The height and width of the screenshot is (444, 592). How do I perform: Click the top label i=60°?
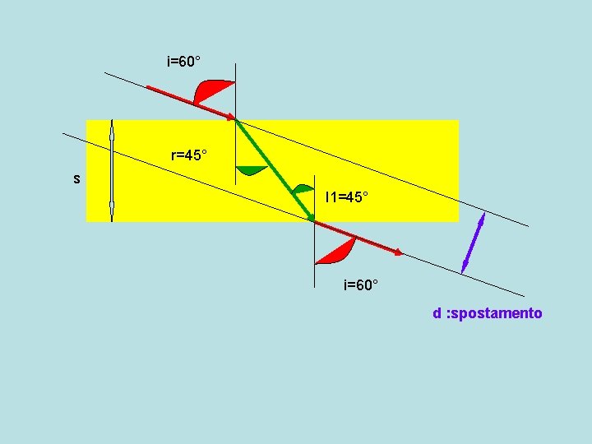[x=184, y=62]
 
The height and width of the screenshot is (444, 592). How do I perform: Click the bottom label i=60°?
[x=361, y=285]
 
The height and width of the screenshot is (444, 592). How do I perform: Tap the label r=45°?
[x=189, y=155]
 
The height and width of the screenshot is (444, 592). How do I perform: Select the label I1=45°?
[x=347, y=197]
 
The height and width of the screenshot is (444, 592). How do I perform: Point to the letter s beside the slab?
[x=76, y=178]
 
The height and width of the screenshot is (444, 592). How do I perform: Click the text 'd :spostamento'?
[x=488, y=313]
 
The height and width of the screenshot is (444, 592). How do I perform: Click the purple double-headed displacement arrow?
[x=473, y=243]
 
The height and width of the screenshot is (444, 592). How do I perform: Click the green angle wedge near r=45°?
[x=251, y=171]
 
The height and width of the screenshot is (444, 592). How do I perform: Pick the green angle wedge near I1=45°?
[x=305, y=189]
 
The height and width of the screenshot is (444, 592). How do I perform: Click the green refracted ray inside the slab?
[x=274, y=169]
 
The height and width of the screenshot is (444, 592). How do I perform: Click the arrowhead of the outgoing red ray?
[x=400, y=253]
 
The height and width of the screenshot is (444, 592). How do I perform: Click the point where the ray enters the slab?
[x=236, y=120]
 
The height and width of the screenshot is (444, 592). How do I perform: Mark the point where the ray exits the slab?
[x=314, y=221]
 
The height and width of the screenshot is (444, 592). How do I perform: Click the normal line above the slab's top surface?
[x=236, y=90]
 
